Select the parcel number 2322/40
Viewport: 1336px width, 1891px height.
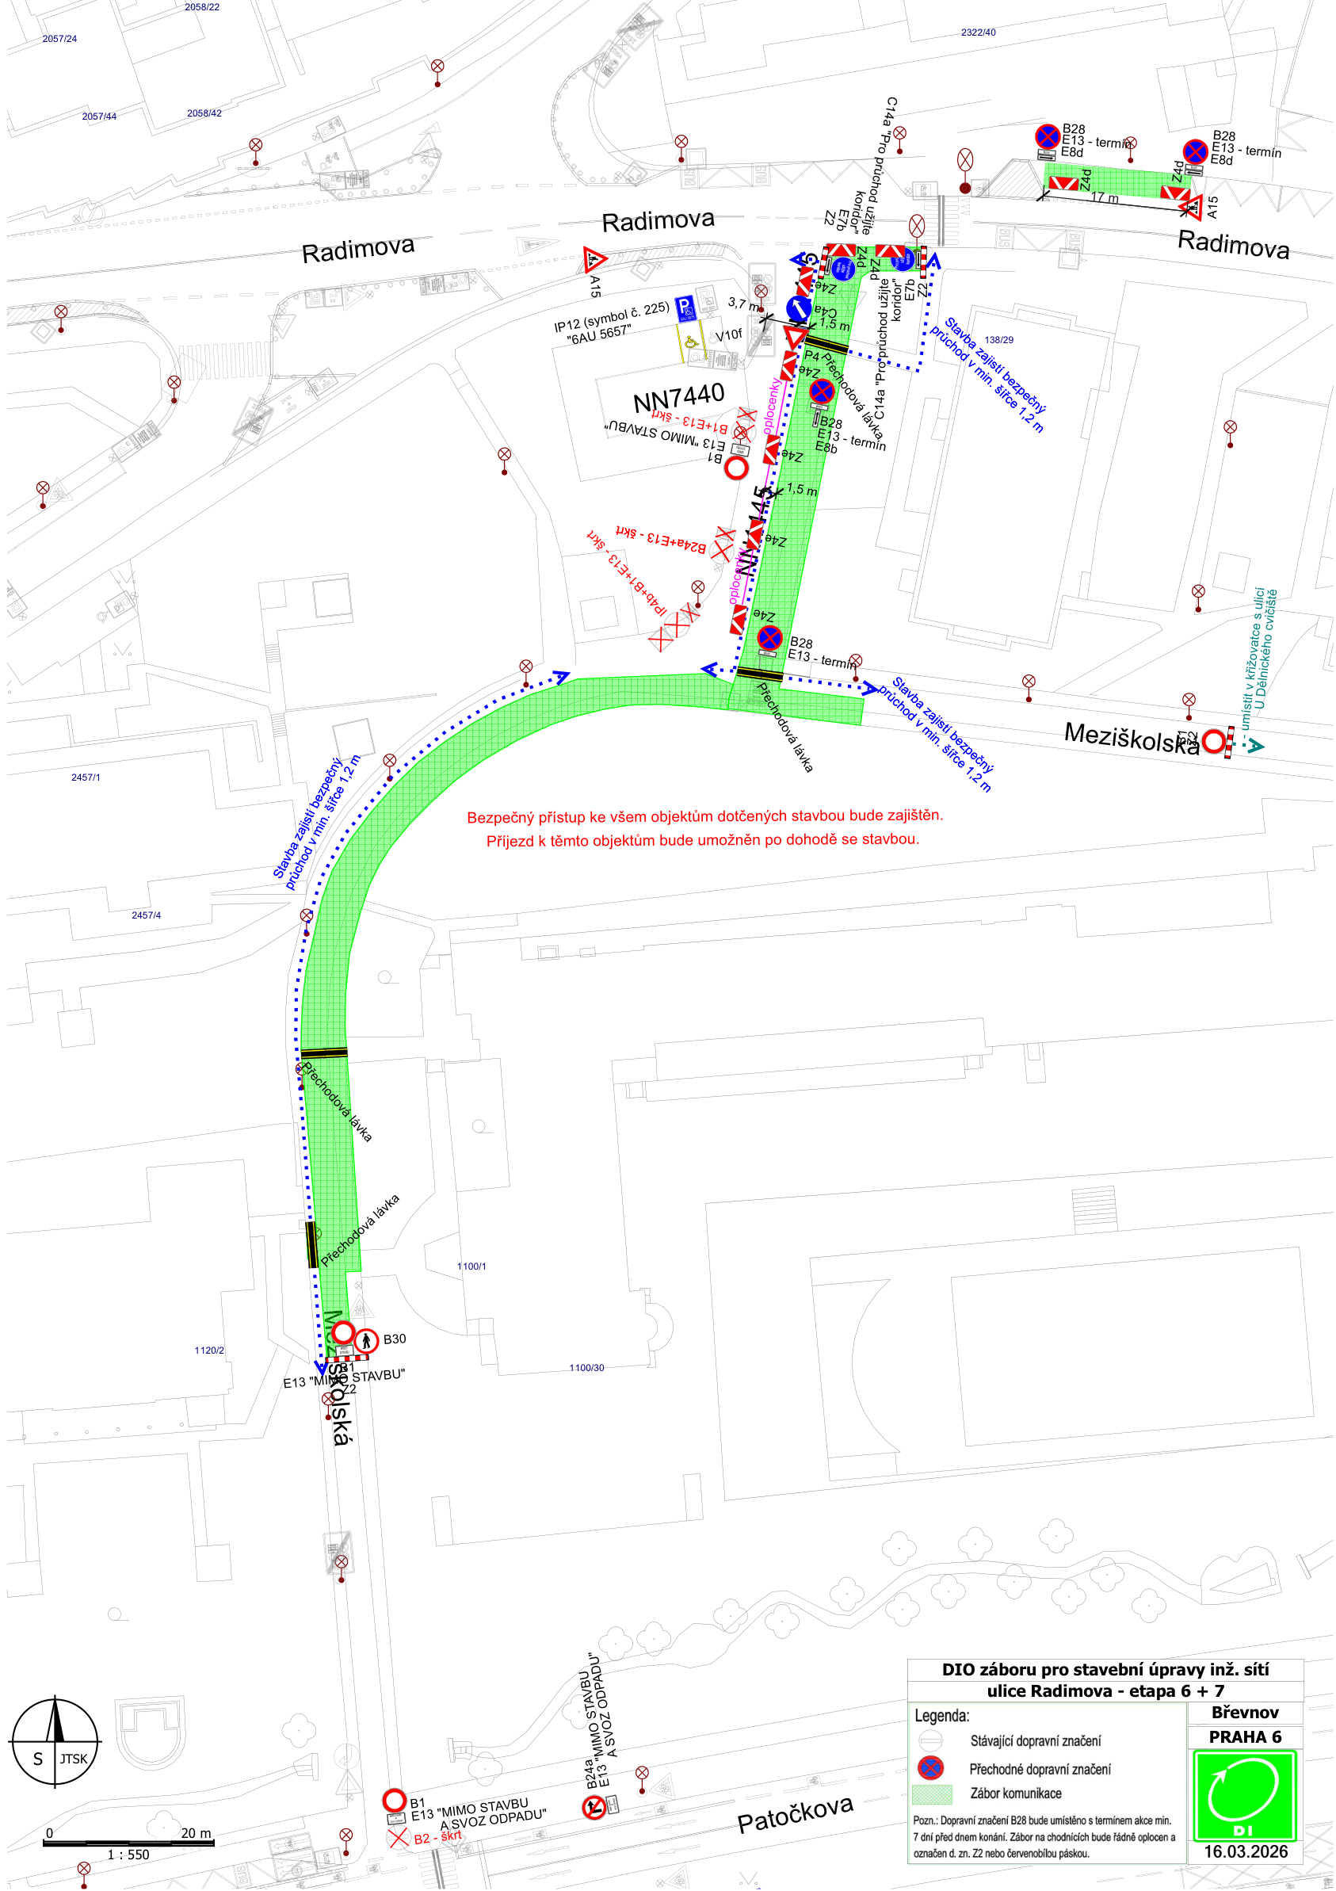point(978,33)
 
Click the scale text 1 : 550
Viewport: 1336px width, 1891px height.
point(128,1854)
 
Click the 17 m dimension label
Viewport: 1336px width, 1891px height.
point(1105,197)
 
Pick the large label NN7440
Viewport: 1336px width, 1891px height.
point(679,398)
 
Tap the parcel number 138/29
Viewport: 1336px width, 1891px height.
point(998,340)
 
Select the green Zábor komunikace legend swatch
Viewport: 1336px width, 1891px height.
point(932,1793)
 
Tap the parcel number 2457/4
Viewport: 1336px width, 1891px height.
point(146,915)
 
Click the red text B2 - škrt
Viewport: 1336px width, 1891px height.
point(437,1836)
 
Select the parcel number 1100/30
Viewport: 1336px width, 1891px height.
point(586,1368)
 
